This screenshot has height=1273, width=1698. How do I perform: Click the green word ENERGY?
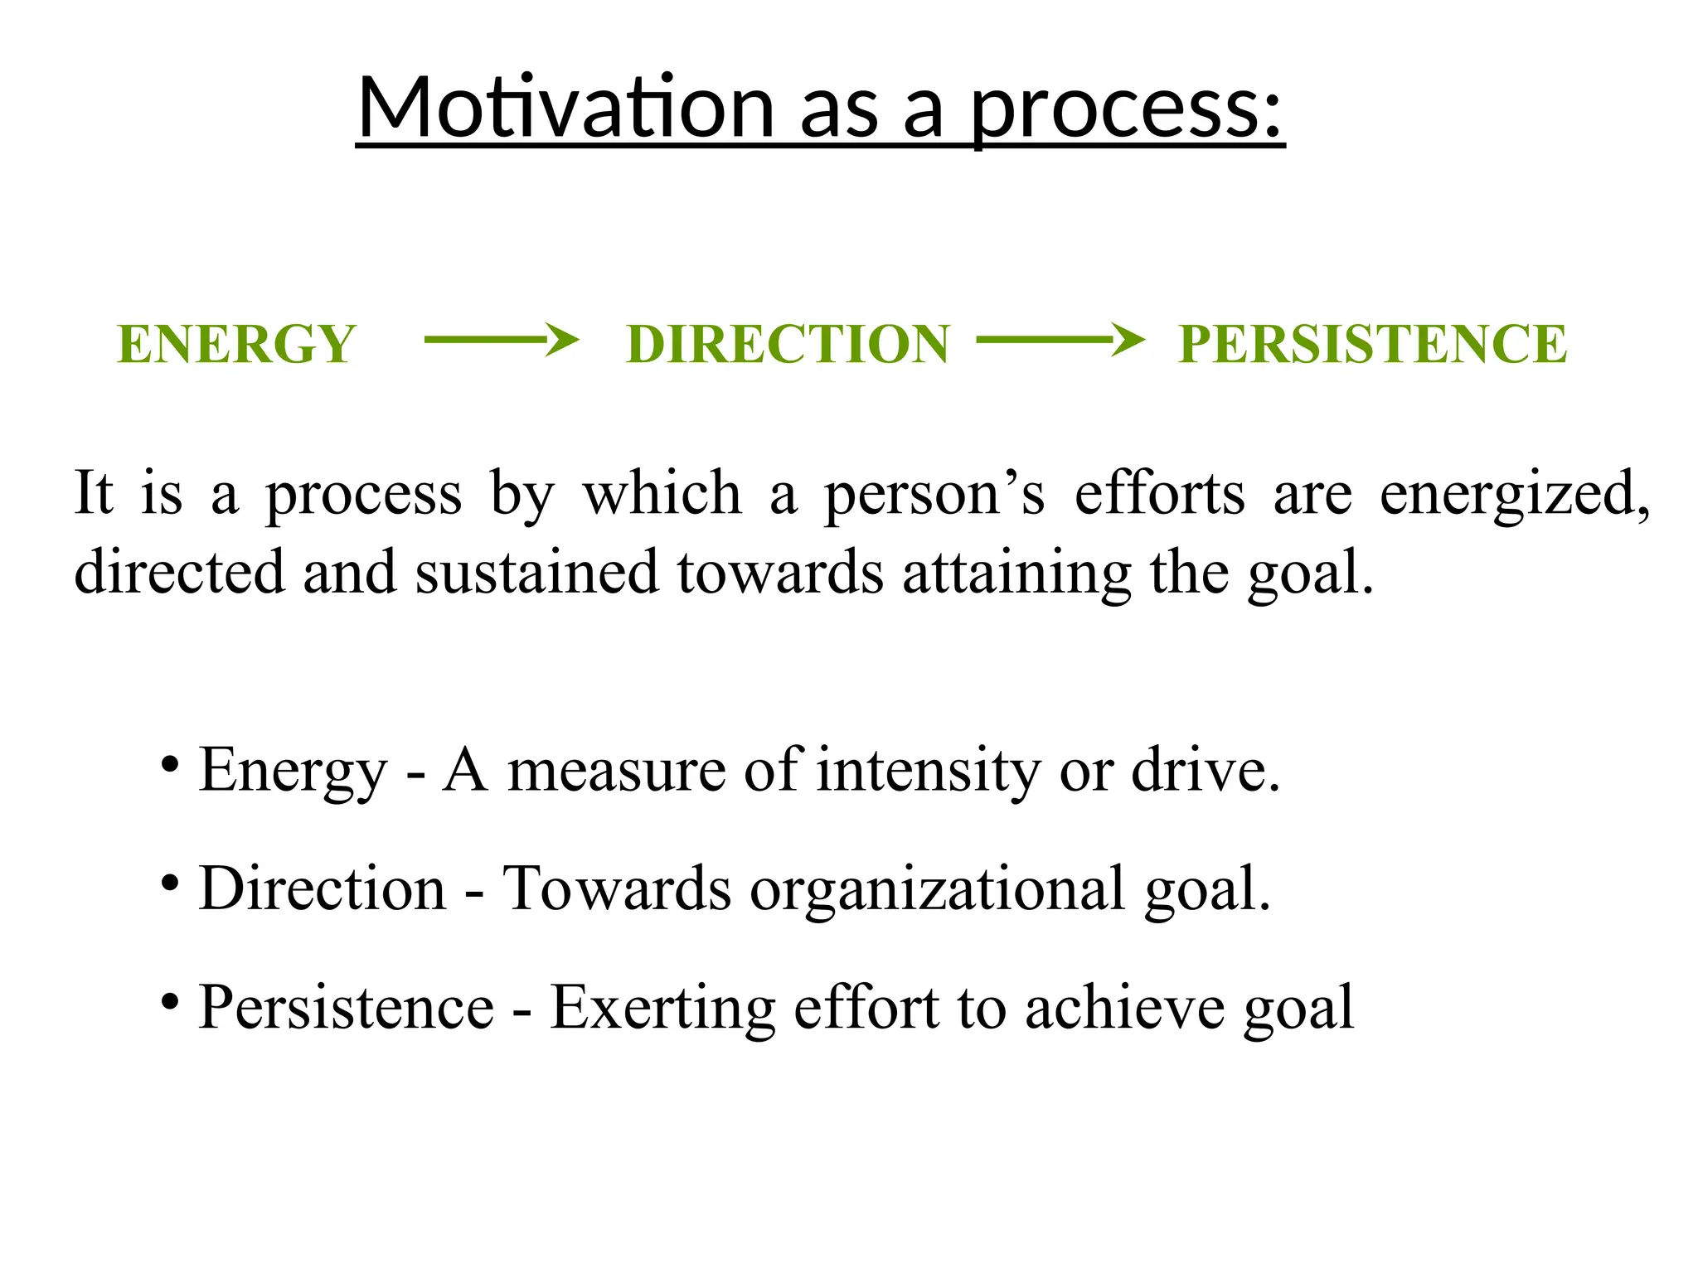pos(237,344)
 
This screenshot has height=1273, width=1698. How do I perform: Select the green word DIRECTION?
pos(788,344)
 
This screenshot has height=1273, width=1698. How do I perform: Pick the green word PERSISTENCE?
pos(1373,344)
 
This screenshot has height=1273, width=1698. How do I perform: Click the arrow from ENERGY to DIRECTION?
pos(501,340)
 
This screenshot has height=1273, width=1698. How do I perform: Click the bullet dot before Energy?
pos(170,763)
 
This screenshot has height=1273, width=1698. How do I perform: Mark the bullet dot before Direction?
pos(170,883)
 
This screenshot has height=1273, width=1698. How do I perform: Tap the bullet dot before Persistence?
pos(170,1002)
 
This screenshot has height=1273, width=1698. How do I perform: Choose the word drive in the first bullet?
pos(1206,771)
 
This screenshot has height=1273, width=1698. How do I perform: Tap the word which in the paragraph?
pos(662,493)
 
